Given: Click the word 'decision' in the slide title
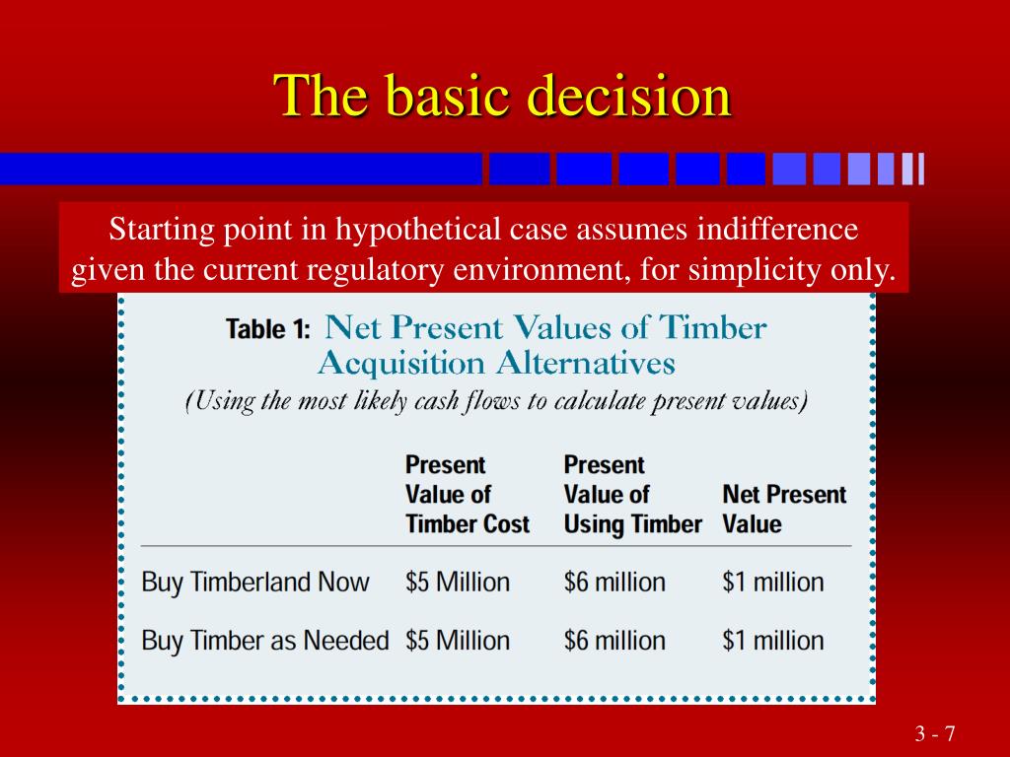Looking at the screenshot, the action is pyautogui.click(x=629, y=96).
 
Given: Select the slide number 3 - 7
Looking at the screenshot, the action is pyautogui.click(x=935, y=733).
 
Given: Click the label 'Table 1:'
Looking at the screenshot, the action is pyautogui.click(x=268, y=329).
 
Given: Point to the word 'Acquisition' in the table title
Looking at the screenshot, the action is pyautogui.click(x=400, y=363).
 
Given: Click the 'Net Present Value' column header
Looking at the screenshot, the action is pyautogui.click(x=784, y=510).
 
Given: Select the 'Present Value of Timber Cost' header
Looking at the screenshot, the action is pyautogui.click(x=467, y=495).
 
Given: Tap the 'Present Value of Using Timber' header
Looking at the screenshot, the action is pyautogui.click(x=632, y=495).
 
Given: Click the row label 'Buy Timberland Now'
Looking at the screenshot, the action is pyautogui.click(x=255, y=582).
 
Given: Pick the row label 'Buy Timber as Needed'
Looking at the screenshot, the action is pyautogui.click(x=265, y=641).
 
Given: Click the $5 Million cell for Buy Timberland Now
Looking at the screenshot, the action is pyautogui.click(x=458, y=582).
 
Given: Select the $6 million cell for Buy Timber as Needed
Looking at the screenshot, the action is pyautogui.click(x=614, y=641).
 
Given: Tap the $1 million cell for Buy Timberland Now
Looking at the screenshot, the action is pyautogui.click(x=773, y=582).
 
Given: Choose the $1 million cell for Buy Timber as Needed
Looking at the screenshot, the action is pyautogui.click(x=773, y=641).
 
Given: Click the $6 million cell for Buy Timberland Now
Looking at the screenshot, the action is pyautogui.click(x=614, y=582).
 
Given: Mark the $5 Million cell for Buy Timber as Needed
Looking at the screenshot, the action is pyautogui.click(x=458, y=641).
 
